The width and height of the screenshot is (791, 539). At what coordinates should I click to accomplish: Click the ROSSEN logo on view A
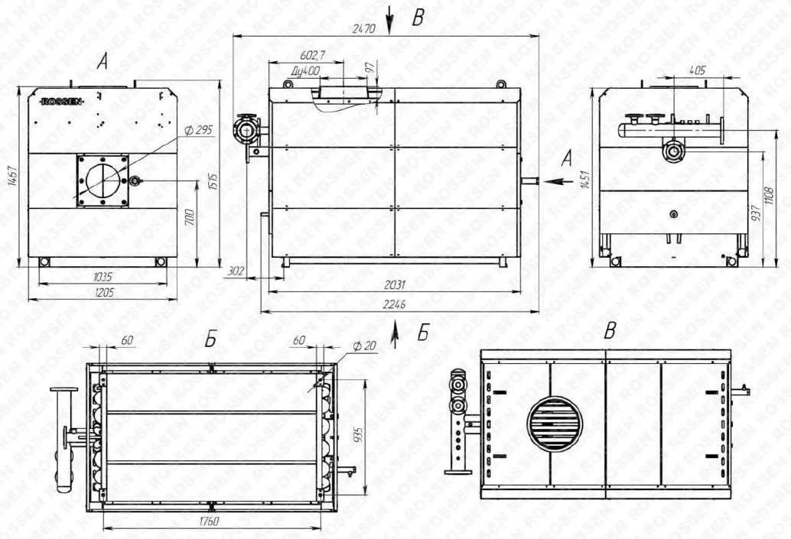(x=61, y=102)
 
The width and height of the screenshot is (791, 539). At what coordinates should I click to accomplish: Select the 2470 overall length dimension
(x=363, y=28)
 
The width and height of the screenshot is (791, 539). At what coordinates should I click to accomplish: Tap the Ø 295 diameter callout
(x=198, y=130)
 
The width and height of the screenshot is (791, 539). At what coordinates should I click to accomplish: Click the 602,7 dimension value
(x=313, y=55)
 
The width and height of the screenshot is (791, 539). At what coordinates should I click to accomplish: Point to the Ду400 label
(x=306, y=71)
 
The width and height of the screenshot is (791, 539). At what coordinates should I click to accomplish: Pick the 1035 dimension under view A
(x=103, y=277)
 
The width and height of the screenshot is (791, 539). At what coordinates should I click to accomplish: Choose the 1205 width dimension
(x=104, y=292)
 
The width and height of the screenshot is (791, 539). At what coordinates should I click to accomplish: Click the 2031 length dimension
(x=395, y=285)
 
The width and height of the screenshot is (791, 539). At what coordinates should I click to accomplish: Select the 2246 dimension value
(x=394, y=304)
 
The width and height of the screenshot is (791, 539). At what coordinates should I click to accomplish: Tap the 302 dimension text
(x=236, y=271)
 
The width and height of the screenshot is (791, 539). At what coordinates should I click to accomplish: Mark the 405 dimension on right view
(x=697, y=70)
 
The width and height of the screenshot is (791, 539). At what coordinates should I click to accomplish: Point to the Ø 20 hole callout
(x=364, y=346)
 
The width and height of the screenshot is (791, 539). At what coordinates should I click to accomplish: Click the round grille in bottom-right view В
(x=555, y=424)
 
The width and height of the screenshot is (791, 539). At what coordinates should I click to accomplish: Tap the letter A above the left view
(x=103, y=62)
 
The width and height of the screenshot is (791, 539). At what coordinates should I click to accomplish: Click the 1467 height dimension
(x=13, y=177)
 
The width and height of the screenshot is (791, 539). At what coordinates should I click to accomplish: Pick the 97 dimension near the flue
(x=370, y=67)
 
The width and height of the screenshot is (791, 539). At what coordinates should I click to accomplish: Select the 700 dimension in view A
(x=190, y=217)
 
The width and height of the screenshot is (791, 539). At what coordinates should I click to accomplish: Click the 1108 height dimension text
(x=769, y=196)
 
